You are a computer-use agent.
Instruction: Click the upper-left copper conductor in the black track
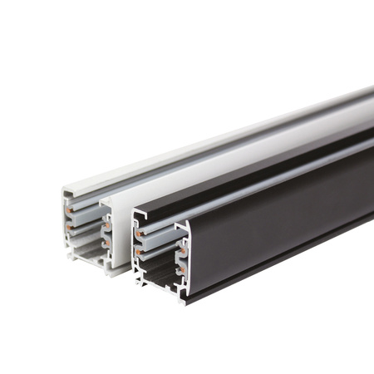pyautogui.click(x=140, y=234)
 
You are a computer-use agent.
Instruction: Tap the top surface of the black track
pyautogui.click(x=249, y=166)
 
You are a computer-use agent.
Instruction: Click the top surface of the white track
pyautogui.click(x=208, y=141)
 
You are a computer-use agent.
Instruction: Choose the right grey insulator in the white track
pyautogui.click(x=106, y=234)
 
